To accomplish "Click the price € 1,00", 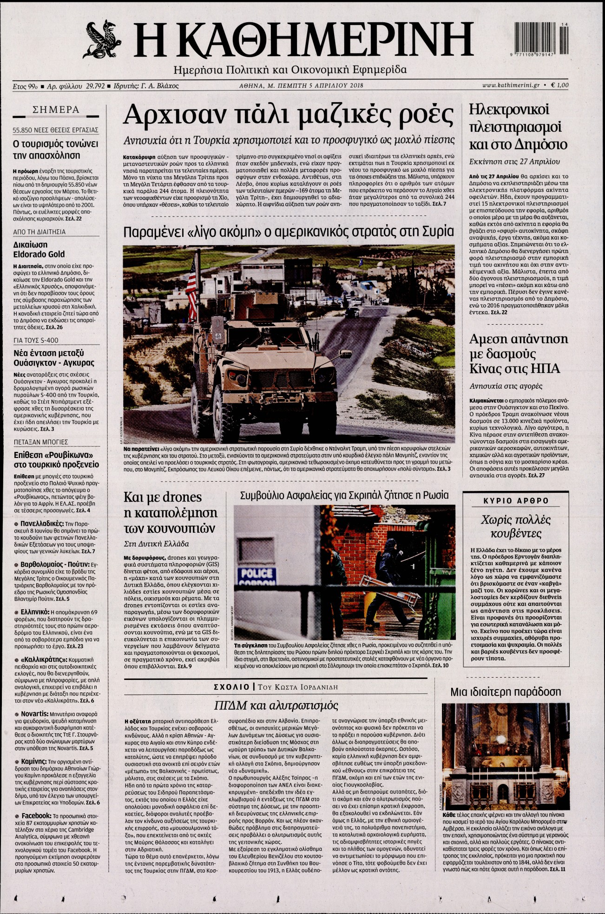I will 559,85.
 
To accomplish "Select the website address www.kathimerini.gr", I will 511,85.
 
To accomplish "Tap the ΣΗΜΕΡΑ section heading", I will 56,110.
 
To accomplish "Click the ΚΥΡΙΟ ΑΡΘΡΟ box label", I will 516,501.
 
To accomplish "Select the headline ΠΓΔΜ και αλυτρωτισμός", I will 276,705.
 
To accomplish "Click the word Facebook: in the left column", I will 36,816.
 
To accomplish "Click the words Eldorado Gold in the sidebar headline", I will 39,255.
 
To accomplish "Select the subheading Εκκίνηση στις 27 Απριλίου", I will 514,162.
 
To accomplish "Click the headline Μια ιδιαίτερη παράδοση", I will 506,692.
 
